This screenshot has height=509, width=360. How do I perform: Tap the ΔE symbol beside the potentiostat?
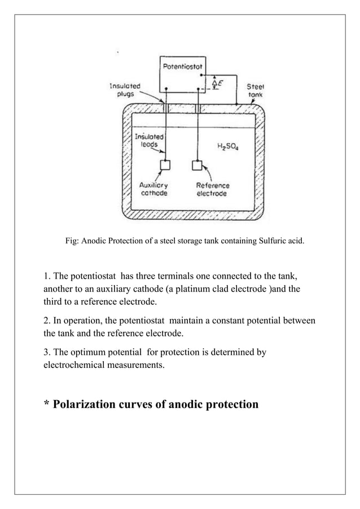pos(216,84)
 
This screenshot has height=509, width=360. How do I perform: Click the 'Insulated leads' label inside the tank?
pos(150,141)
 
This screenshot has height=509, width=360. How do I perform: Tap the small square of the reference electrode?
pos(197,165)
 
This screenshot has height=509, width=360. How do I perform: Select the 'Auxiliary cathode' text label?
pos(153,189)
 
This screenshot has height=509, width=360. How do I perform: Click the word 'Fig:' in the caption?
pos(72,242)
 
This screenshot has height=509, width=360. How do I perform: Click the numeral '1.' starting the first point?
pos(47,277)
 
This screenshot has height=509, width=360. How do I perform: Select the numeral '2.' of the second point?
pos(47,322)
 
